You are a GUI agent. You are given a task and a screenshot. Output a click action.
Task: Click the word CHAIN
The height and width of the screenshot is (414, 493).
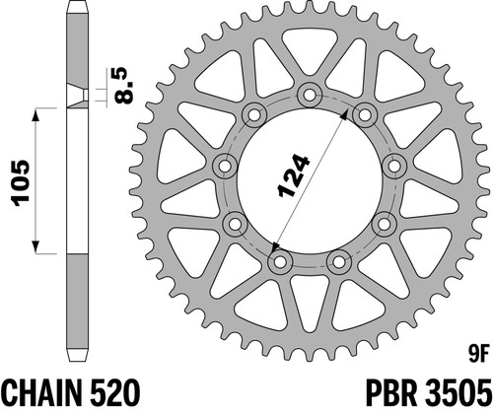42,393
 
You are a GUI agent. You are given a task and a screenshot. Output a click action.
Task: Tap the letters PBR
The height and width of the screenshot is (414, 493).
390,393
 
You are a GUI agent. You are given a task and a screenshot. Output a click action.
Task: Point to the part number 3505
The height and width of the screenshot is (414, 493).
458,393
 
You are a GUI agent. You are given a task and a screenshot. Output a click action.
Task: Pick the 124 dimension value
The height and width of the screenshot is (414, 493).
294,175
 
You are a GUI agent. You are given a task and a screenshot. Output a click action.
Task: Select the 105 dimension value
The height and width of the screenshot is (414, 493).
21,183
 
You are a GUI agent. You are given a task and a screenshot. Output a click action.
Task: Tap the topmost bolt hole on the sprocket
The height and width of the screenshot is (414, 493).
309,95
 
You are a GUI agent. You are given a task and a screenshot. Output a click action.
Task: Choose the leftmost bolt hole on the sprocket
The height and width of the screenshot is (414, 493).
225,166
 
